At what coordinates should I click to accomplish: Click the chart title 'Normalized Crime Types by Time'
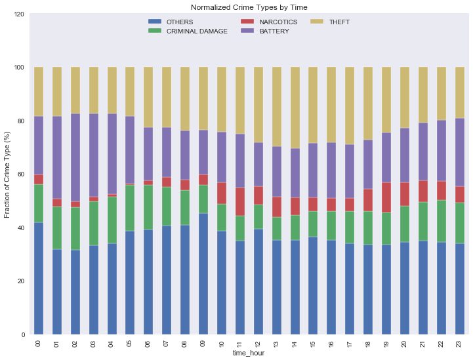(x=249, y=7)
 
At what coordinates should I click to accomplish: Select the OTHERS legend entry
(x=178, y=22)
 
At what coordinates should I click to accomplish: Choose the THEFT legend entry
(x=337, y=22)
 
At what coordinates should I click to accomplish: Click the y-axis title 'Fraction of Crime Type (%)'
(x=7, y=174)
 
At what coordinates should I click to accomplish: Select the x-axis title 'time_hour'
(x=249, y=354)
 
